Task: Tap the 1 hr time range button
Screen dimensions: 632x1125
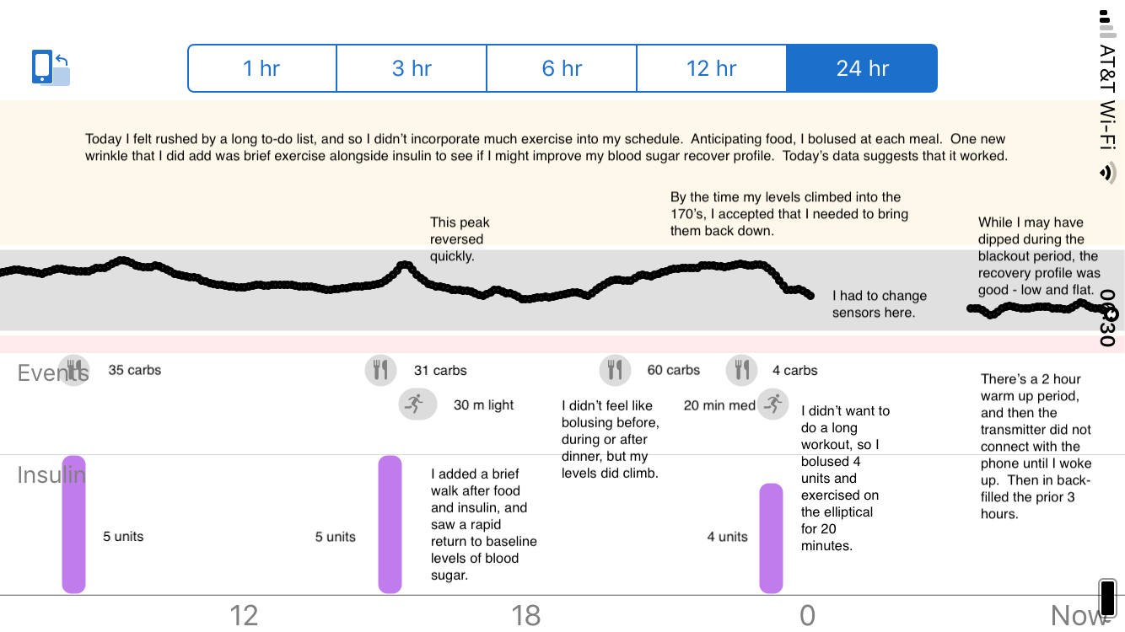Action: click(261, 68)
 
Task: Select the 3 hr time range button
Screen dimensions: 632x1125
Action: click(412, 68)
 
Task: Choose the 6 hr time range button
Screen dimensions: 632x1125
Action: click(562, 68)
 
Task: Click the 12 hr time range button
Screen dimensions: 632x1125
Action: click(712, 68)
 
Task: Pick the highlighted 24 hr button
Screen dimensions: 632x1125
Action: click(862, 68)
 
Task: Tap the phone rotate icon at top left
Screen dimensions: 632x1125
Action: click(51, 68)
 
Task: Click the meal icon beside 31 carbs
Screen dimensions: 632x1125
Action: click(381, 370)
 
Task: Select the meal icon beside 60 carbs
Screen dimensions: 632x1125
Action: click(616, 370)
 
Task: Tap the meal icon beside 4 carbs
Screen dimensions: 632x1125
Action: click(741, 370)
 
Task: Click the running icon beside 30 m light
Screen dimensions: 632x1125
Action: click(417, 404)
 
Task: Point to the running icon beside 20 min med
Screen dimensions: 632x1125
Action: click(772, 404)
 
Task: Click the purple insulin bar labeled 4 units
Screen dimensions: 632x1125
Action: click(771, 538)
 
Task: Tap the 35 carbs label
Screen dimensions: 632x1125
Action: click(135, 370)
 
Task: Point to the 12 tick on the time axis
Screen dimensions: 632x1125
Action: click(244, 615)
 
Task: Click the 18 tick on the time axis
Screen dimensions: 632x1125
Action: click(526, 615)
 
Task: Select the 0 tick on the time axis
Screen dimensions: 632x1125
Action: click(807, 615)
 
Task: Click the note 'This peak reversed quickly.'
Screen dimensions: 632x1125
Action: click(460, 239)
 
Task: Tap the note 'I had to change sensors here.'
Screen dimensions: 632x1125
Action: click(880, 304)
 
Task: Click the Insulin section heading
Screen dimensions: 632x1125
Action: click(51, 475)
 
